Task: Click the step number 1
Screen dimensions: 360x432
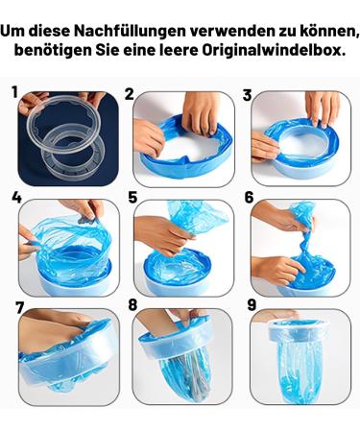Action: tap(14, 92)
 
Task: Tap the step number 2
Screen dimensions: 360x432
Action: tap(130, 94)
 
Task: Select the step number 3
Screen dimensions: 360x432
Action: tap(247, 95)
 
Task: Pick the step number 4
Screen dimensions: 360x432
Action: tap(16, 197)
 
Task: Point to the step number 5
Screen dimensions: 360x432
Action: tap(132, 198)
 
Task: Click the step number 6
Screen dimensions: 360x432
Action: tap(249, 198)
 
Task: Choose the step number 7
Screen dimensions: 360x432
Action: tap(20, 308)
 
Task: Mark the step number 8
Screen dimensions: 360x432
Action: tap(132, 305)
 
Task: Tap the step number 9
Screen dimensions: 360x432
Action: tap(252, 305)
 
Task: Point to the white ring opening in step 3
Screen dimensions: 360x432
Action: tap(303, 143)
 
